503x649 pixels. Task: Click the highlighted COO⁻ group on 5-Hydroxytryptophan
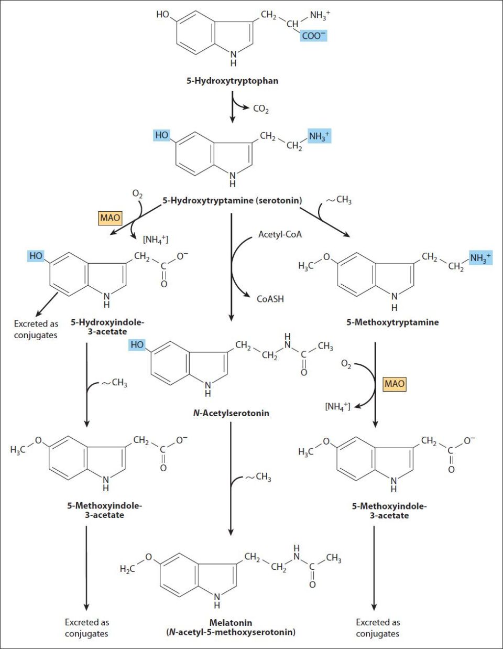click(x=313, y=36)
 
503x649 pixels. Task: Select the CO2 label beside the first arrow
click(x=261, y=109)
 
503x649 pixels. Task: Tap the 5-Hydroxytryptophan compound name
click(x=233, y=81)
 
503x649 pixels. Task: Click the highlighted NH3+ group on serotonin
click(x=319, y=136)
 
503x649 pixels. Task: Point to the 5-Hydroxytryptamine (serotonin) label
click(x=232, y=200)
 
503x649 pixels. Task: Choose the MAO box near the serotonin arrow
click(x=110, y=218)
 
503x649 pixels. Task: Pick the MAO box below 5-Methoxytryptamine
click(x=395, y=384)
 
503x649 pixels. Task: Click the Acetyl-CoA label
click(x=280, y=234)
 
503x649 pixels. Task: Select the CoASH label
click(x=270, y=299)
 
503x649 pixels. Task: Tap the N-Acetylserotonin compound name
click(x=231, y=413)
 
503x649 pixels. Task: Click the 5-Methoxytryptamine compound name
click(x=392, y=322)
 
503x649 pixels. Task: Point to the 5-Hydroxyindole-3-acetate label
click(x=107, y=327)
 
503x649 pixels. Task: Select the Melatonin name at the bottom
click(x=231, y=623)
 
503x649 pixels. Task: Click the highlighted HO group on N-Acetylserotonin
click(x=137, y=345)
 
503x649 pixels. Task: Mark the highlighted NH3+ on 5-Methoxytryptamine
click(x=480, y=257)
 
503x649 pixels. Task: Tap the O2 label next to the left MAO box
click(x=137, y=194)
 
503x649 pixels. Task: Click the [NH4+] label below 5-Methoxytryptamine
click(x=337, y=406)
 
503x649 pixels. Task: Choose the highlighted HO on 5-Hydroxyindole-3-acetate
click(x=36, y=256)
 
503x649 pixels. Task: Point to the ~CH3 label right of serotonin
click(x=339, y=200)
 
